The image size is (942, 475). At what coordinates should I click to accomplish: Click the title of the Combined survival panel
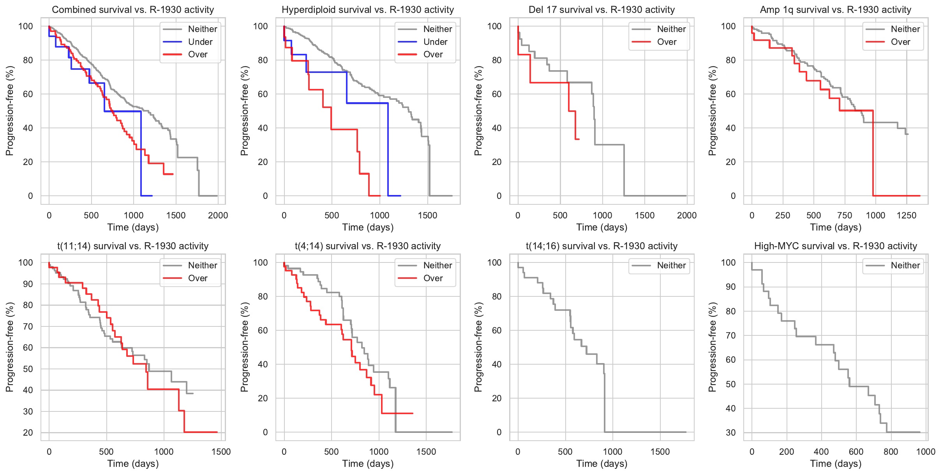(133, 10)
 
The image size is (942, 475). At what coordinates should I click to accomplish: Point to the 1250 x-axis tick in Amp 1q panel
(907, 215)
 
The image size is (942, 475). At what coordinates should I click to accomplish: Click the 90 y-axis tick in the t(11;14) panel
(28, 284)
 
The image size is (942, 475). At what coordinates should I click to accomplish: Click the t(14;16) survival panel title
(602, 246)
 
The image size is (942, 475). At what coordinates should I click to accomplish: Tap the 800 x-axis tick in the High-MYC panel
(891, 452)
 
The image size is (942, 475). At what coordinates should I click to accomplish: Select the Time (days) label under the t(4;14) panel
(368, 464)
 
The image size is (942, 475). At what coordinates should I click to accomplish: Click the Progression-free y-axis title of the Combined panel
(9, 111)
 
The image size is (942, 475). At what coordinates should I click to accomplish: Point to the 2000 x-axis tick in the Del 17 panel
(686, 215)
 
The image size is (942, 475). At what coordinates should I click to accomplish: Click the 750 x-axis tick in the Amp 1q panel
(845, 215)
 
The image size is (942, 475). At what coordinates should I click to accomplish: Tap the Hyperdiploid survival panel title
(368, 10)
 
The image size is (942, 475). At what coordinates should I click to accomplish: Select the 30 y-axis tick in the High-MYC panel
(730, 432)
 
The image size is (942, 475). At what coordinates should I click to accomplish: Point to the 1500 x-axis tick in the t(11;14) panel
(221, 452)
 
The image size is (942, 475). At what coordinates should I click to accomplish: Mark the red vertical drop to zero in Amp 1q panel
(873, 156)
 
